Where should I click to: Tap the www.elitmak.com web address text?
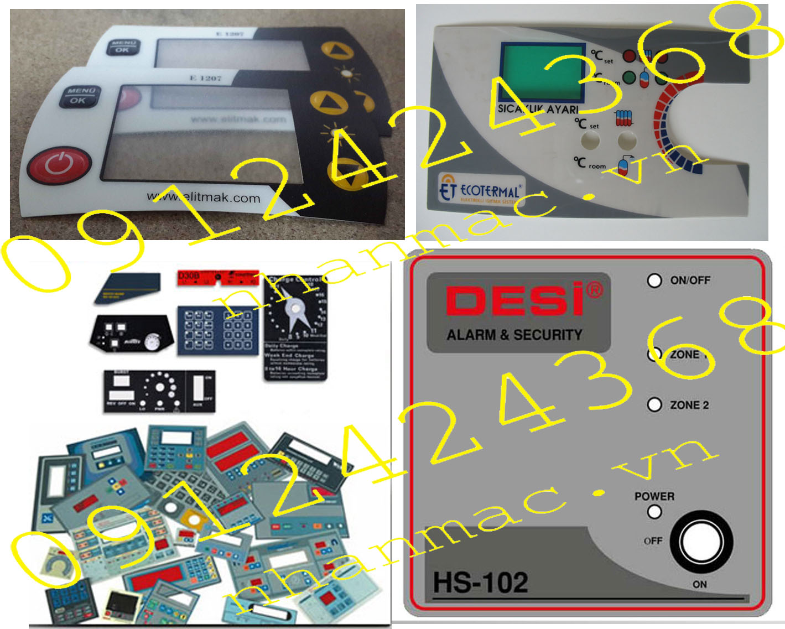coord(203,197)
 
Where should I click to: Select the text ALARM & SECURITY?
coord(514,335)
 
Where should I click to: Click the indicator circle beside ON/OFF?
coord(654,280)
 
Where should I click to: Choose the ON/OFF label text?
coord(690,280)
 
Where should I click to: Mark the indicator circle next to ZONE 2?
coord(654,405)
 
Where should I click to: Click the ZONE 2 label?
coord(689,405)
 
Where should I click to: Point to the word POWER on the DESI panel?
coord(654,496)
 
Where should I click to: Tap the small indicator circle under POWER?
coord(654,512)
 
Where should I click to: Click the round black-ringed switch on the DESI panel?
coord(701,542)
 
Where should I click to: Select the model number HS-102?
coord(480,583)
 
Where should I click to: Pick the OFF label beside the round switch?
coord(653,540)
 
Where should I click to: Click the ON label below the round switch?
coord(700,584)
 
